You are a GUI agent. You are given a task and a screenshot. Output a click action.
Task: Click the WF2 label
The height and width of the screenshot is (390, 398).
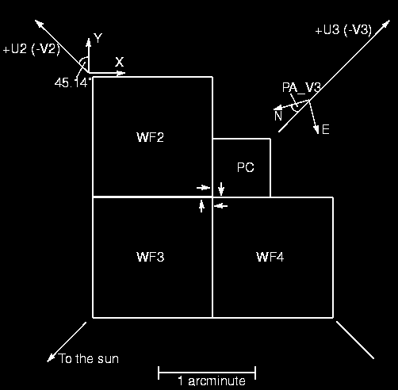tap(150, 137)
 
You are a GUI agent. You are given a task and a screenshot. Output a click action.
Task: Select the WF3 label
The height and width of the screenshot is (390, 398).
tap(150, 257)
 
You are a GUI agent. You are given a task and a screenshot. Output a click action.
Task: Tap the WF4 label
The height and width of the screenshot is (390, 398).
tap(270, 257)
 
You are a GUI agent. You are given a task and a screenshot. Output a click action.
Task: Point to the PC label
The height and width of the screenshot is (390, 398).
tap(246, 167)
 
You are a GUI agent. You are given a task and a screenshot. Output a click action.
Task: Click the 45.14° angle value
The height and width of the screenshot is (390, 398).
tap(73, 82)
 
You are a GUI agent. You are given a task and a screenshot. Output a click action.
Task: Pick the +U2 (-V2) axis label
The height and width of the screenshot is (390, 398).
tap(32, 49)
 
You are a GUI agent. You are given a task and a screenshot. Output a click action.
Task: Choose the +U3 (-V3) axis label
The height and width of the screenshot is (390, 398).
tap(343, 30)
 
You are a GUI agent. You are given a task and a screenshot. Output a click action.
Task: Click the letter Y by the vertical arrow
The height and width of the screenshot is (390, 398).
tap(98, 38)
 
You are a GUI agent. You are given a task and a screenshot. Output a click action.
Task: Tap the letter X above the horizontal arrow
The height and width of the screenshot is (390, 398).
tap(119, 62)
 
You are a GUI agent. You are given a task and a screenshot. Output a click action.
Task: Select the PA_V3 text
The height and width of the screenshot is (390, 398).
tap(301, 87)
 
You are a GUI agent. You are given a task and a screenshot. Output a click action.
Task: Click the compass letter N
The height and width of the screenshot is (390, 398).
tap(278, 116)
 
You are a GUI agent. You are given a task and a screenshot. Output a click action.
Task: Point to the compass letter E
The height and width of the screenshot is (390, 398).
tap(326, 130)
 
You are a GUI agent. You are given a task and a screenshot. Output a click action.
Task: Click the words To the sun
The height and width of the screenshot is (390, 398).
tap(89, 358)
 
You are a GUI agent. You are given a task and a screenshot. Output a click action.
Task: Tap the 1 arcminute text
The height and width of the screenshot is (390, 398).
tap(212, 380)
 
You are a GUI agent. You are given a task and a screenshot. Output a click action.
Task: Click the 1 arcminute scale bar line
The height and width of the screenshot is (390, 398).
tap(207, 373)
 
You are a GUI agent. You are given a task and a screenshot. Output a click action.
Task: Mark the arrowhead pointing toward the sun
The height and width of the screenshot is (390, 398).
tap(51, 357)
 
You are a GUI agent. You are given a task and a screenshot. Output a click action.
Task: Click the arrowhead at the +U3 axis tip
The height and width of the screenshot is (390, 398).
tap(385, 24)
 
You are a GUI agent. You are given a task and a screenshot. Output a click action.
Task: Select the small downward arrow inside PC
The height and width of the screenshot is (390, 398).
tap(221, 189)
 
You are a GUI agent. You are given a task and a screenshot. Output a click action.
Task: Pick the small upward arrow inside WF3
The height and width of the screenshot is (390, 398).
tap(201, 206)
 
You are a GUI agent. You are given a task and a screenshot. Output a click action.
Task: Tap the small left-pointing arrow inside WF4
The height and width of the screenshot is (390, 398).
tap(220, 205)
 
